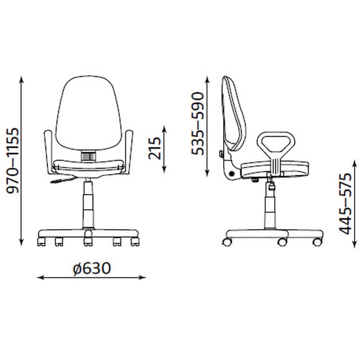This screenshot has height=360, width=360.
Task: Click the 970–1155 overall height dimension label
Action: [x=12, y=161]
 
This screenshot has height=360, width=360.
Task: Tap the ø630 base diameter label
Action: [x=92, y=268]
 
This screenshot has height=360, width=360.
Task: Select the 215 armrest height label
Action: [x=154, y=148]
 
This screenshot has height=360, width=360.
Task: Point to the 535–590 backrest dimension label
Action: [x=198, y=123]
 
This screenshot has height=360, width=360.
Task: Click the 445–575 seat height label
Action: [x=345, y=203]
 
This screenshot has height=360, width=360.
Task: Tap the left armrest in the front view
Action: [x=49, y=151]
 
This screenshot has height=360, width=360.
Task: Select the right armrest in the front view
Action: [x=128, y=151]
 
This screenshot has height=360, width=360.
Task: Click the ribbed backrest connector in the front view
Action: [x=89, y=156]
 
